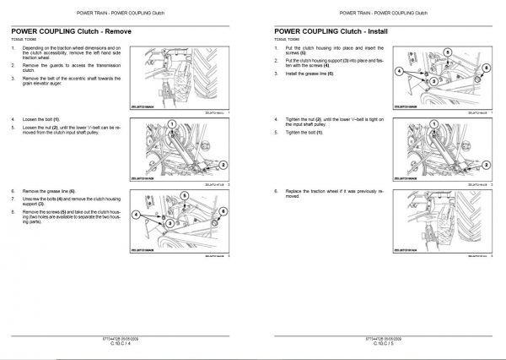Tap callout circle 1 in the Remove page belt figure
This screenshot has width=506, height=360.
coord(172,124)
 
